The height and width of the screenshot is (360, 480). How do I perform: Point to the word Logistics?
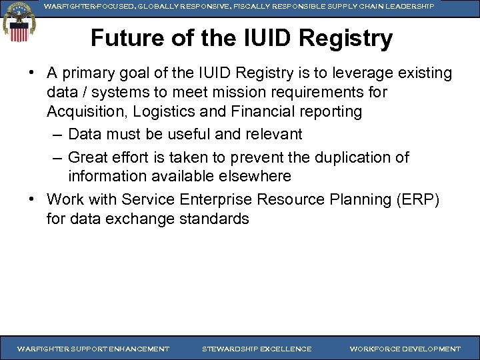(173, 111)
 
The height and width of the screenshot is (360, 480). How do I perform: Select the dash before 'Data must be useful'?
(57, 135)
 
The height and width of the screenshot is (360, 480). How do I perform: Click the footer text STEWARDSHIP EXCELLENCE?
(257, 349)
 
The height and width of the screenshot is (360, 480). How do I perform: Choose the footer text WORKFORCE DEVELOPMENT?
(405, 349)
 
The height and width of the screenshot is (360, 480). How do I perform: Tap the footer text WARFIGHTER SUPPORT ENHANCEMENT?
(93, 349)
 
